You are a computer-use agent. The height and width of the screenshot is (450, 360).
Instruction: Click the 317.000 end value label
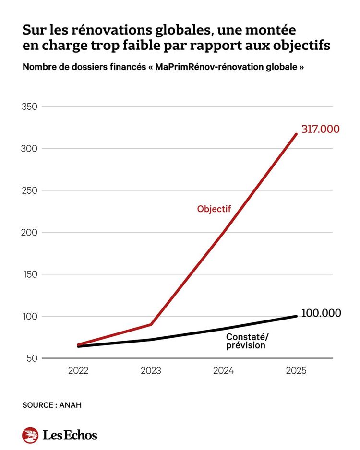coord(320,129)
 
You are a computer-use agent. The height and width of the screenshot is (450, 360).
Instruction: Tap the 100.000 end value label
coord(321,313)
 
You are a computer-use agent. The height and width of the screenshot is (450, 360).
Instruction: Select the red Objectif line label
coord(214,209)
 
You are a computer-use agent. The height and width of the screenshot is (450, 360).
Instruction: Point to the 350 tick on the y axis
coord(30,107)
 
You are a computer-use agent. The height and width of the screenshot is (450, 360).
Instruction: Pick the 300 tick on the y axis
coord(30,149)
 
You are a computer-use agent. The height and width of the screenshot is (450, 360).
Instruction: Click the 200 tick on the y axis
coord(30,233)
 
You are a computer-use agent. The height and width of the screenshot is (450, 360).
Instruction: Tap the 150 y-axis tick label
coord(30,274)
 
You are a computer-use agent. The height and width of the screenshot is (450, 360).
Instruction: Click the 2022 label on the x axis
coord(78,371)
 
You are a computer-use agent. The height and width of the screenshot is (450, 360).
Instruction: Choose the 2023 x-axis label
coord(151,371)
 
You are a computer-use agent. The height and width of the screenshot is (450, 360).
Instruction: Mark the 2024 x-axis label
coord(223,371)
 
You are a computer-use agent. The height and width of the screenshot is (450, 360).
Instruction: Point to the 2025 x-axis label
coord(296,371)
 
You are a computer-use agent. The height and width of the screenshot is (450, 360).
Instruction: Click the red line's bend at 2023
coord(151,324)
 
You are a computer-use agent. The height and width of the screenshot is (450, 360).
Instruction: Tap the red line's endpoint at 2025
coord(296,134)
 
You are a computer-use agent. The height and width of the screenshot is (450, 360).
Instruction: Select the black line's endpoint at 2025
coord(296,316)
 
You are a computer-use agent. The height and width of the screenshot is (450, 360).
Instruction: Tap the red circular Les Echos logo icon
coord(30,435)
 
